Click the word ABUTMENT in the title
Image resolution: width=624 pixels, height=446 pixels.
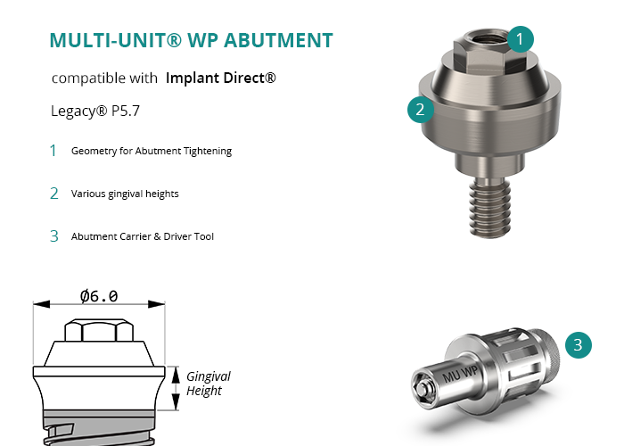point(278,40)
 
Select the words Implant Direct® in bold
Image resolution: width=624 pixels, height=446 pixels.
point(220,78)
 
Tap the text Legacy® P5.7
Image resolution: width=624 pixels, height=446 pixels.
point(95,111)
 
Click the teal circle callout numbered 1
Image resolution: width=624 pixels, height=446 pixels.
point(520,39)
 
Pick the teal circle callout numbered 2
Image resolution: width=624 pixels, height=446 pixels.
point(420,110)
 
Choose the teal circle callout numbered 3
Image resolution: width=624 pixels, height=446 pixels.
point(579,345)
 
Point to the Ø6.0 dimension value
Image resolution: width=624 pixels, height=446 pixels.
point(99,296)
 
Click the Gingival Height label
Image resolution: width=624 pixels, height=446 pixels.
point(208,384)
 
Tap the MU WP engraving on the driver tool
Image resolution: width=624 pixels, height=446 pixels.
point(460,375)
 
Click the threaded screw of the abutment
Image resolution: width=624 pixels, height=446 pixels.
point(490,208)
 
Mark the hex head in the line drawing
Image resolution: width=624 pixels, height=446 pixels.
point(99,330)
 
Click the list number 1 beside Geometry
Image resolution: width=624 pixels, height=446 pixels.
point(53,151)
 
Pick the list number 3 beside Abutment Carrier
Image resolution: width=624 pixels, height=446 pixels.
point(54,236)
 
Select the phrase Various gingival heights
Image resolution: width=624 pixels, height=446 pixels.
point(125,194)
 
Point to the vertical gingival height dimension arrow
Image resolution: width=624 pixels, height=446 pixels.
point(176,388)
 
